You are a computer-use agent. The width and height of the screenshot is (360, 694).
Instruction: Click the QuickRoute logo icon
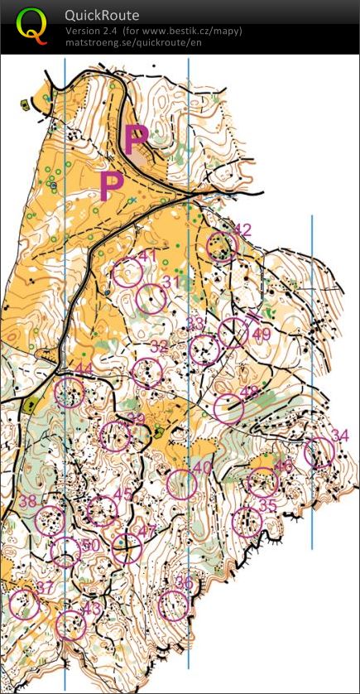tap(31, 27)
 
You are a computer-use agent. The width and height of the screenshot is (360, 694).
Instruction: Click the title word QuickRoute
tap(102, 16)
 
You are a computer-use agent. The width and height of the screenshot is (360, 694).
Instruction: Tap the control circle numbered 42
tap(222, 246)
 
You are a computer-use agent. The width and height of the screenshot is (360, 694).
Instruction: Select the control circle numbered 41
tap(127, 272)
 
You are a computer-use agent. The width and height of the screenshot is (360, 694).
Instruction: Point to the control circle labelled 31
tap(151, 299)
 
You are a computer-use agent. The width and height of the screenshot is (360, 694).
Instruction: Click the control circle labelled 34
tap(319, 453)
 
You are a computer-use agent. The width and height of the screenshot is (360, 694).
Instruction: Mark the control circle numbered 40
tap(182, 484)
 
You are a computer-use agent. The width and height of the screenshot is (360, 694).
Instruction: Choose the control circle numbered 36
tap(174, 605)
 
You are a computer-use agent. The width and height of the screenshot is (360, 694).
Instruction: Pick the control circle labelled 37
tap(25, 605)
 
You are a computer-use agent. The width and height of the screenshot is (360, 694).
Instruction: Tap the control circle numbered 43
tap(71, 624)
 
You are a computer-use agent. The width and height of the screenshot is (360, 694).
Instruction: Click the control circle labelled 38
tap(50, 520)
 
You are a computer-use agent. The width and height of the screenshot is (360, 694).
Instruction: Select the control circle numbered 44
tap(70, 391)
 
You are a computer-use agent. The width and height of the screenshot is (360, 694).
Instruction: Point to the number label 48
tap(249, 391)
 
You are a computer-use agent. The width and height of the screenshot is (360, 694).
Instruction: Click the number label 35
tap(267, 505)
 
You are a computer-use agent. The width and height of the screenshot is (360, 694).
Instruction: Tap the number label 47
tap(146, 531)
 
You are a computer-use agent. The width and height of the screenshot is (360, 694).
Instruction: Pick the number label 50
tap(90, 544)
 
